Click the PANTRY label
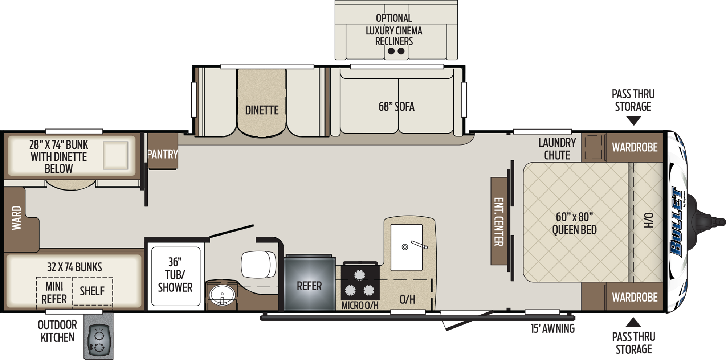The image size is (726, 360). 162,154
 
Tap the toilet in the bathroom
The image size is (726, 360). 258,264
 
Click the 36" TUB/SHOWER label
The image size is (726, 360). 175,275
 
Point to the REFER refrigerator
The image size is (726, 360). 309,286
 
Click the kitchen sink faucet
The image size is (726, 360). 419,245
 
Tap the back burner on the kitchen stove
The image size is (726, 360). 359,275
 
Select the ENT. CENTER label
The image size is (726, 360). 499,221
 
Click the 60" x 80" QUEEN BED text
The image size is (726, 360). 574,223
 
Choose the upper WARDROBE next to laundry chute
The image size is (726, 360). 635,147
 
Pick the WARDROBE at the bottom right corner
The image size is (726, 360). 635,297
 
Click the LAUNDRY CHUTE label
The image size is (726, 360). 557,149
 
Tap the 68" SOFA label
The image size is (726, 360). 396,107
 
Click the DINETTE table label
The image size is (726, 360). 262,110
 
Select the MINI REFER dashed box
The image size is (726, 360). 54,292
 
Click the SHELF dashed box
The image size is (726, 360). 92,291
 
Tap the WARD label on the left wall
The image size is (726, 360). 16,218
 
